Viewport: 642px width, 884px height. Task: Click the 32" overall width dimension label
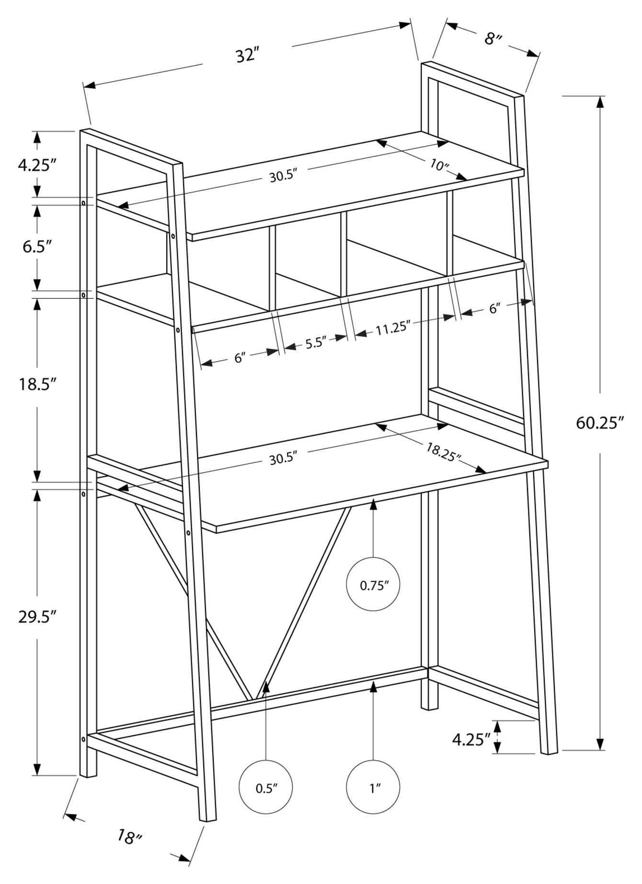(247, 56)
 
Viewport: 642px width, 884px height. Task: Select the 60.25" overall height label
(600, 423)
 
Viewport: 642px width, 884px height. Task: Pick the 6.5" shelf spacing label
(36, 247)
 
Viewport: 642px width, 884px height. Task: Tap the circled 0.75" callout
(373, 584)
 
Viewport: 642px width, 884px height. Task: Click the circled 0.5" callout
(266, 787)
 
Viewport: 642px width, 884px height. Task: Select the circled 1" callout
(373, 787)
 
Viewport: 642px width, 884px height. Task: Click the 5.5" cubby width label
(316, 343)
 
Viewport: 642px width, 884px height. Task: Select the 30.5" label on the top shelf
(281, 176)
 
